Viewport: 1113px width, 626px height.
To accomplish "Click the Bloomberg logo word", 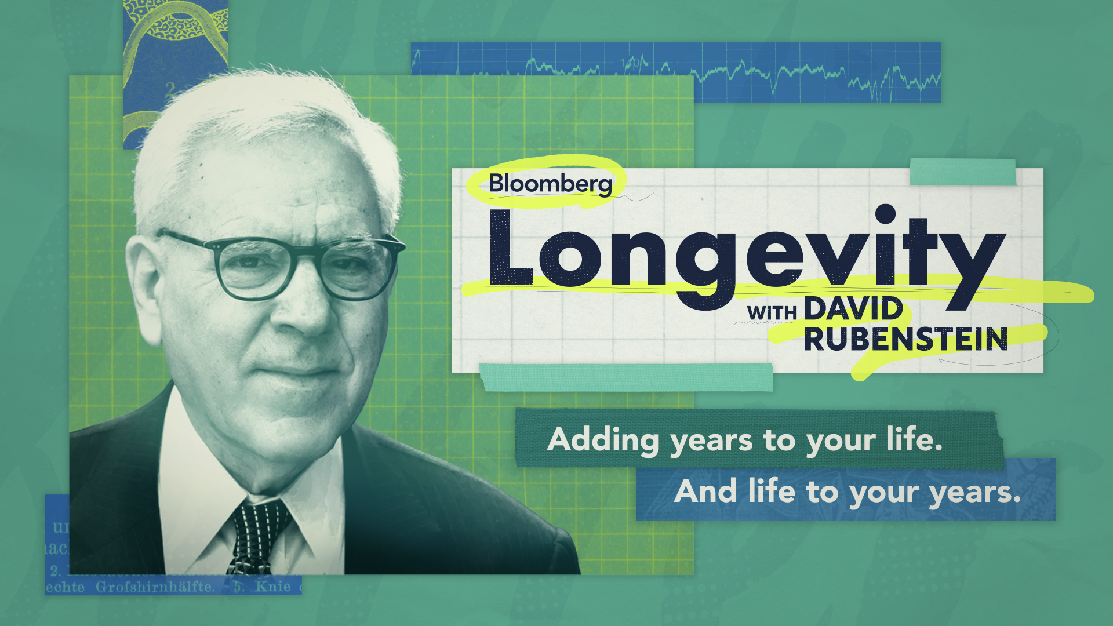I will coord(550,184).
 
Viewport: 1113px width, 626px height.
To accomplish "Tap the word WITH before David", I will coord(772,313).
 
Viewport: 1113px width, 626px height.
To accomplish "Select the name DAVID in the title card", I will coord(853,309).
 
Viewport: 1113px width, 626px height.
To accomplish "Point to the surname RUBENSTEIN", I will coord(905,339).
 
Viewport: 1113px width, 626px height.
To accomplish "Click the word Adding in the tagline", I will coord(603,441).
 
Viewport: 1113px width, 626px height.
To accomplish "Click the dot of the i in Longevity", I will coord(885,214).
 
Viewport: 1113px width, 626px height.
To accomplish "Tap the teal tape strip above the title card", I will coord(962,172).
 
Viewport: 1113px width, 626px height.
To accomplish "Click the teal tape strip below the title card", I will coord(626,377).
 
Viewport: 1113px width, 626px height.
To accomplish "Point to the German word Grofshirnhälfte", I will coord(155,587).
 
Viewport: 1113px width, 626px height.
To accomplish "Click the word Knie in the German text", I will coord(273,587).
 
